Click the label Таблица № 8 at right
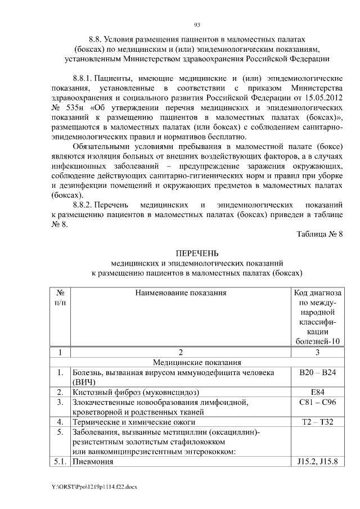point(319,233)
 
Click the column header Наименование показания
point(181,292)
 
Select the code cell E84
point(318,391)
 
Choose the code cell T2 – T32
point(318,421)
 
